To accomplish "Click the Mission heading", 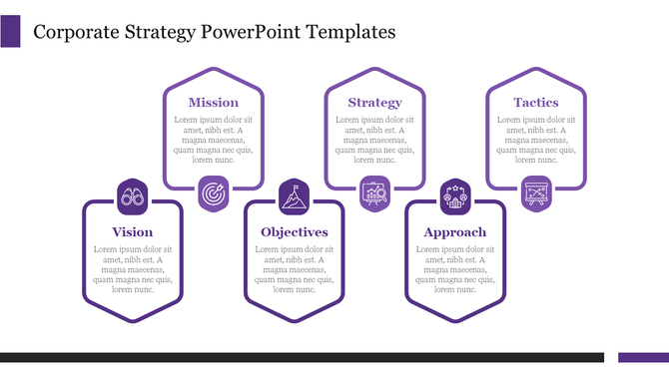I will tap(214, 102).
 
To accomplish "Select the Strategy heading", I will tap(374, 102).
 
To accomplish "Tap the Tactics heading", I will tap(535, 102).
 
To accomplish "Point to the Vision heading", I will tap(133, 232).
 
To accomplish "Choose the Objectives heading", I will tap(294, 232).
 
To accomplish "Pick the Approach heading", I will tap(454, 232).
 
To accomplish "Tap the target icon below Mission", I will tap(214, 192).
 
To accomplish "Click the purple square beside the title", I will tap(10, 31).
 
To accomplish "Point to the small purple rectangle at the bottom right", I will tap(643, 357).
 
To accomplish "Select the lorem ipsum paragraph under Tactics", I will tap(535, 140).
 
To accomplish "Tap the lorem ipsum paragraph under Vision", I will tap(133, 269).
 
